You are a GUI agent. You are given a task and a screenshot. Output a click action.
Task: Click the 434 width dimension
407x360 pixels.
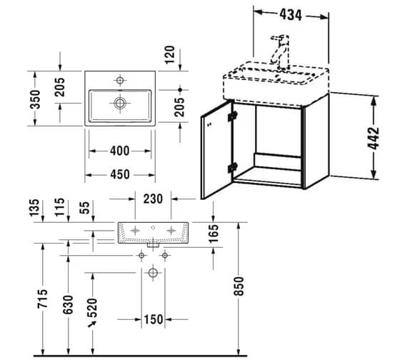[291, 15]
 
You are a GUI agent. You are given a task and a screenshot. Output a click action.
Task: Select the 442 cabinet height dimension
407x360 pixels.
[373, 138]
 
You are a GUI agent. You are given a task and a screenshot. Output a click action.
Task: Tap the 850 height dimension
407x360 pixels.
[239, 286]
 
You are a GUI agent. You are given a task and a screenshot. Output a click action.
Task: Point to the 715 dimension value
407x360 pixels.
[43, 299]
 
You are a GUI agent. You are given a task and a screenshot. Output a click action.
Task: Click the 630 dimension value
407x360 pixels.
[69, 304]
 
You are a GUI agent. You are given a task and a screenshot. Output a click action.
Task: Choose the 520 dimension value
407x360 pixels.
[92, 309]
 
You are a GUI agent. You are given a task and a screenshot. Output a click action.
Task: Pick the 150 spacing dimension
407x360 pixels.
[153, 319]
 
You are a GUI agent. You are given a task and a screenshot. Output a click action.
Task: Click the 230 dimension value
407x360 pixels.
[153, 199]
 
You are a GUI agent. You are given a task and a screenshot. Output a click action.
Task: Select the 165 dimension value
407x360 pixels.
[213, 234]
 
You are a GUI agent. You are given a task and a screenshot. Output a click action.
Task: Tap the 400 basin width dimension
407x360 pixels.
[120, 151]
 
